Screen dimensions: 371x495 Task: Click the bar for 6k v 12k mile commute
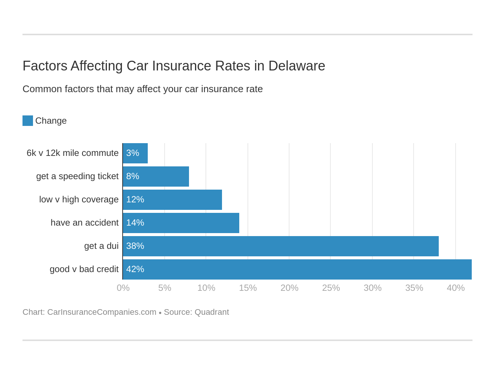click(x=135, y=153)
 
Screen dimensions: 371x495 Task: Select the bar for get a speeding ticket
click(x=156, y=177)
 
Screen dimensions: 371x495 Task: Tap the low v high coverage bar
click(x=172, y=200)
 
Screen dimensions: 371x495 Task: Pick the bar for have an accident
click(x=181, y=223)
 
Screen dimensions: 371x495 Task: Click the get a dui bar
click(x=280, y=246)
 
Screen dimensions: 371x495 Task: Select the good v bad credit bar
click(x=297, y=269)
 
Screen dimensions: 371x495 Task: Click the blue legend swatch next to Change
click(x=28, y=121)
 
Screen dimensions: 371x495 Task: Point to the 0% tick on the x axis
click(x=123, y=288)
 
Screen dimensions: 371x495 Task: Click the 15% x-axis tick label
click(x=248, y=288)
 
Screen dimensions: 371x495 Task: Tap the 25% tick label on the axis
click(x=331, y=288)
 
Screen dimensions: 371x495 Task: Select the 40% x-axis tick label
click(x=456, y=288)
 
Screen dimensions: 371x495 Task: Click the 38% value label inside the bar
click(x=135, y=246)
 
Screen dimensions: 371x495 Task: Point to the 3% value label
click(x=133, y=153)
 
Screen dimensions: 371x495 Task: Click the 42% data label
click(x=135, y=269)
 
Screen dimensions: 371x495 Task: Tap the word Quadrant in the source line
click(x=211, y=312)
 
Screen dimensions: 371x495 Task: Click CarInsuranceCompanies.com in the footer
click(x=102, y=312)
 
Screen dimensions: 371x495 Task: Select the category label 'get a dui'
click(x=101, y=246)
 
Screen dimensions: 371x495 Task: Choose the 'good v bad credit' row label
click(x=84, y=269)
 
